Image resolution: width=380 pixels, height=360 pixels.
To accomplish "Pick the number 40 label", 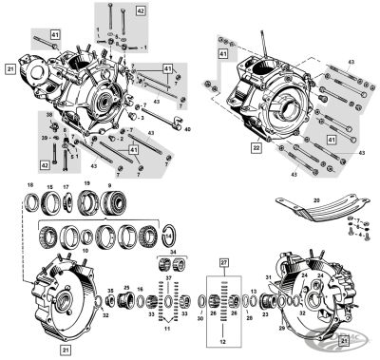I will [186, 129].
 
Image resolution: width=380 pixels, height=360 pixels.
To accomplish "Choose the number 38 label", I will [50, 115].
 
